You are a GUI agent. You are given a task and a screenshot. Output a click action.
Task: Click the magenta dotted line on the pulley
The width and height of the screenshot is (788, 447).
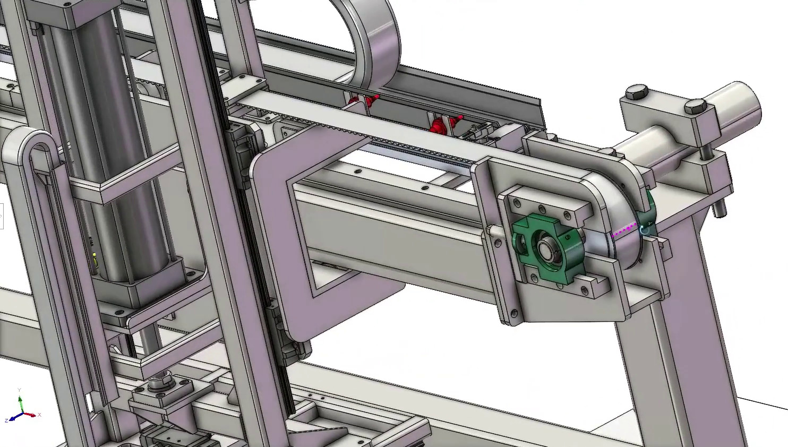(623, 230)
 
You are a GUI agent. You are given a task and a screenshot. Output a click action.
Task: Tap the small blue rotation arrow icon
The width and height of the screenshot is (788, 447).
(645, 230)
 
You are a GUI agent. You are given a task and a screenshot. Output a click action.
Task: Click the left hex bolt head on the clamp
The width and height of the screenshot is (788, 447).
(636, 93)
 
